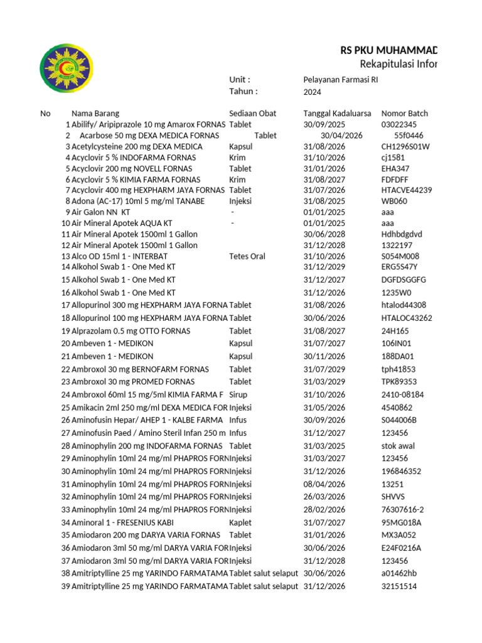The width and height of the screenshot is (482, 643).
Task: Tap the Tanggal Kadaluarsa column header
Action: click(338, 114)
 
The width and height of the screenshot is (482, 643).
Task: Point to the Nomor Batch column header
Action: click(405, 114)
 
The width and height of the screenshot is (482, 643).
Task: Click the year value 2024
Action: click(313, 92)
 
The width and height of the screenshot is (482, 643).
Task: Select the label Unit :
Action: click(240, 80)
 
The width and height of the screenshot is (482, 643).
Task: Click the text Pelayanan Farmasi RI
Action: click(341, 80)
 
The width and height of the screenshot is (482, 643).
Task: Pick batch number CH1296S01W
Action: click(405, 146)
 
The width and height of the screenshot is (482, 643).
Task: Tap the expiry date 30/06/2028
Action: click(324, 234)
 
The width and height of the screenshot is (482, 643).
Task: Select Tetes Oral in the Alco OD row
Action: click(247, 256)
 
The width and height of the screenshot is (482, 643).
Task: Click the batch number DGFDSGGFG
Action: click(404, 279)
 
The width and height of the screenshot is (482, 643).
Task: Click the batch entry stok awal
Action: click(398, 446)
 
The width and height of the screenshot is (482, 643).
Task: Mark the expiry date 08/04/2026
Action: click(324, 484)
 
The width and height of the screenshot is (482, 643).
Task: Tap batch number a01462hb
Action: click(399, 573)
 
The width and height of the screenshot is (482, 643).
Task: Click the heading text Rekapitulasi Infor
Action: click(398, 65)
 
